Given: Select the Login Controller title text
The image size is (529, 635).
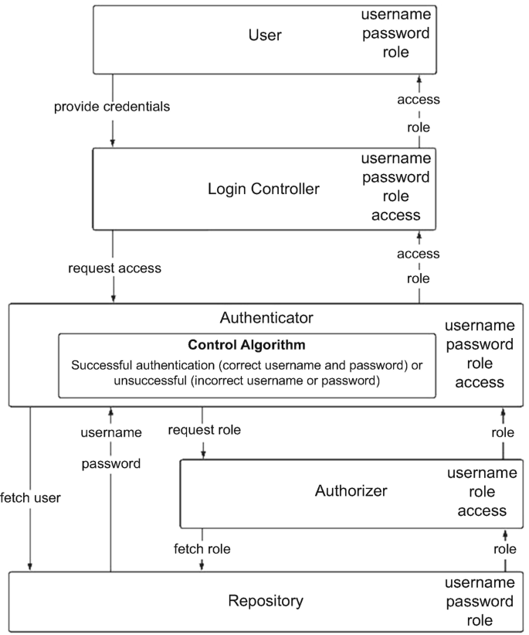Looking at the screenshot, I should [x=263, y=188].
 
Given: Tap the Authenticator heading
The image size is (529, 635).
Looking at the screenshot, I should [x=266, y=317].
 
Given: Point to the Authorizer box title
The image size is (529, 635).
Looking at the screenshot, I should [x=351, y=490].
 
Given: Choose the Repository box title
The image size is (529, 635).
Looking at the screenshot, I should [x=266, y=601].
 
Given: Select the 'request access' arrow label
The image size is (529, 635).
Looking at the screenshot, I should [x=114, y=268].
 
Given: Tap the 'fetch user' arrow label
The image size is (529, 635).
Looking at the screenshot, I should [x=30, y=497].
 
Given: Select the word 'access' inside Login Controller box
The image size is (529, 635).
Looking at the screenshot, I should [x=396, y=215].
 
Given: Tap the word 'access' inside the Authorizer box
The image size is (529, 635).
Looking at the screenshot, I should [x=482, y=510].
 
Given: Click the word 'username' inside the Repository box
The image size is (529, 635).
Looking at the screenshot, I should [x=482, y=582].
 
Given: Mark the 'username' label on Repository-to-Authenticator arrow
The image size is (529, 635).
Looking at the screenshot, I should [x=110, y=432].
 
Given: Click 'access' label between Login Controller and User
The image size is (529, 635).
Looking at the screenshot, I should [x=419, y=99].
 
